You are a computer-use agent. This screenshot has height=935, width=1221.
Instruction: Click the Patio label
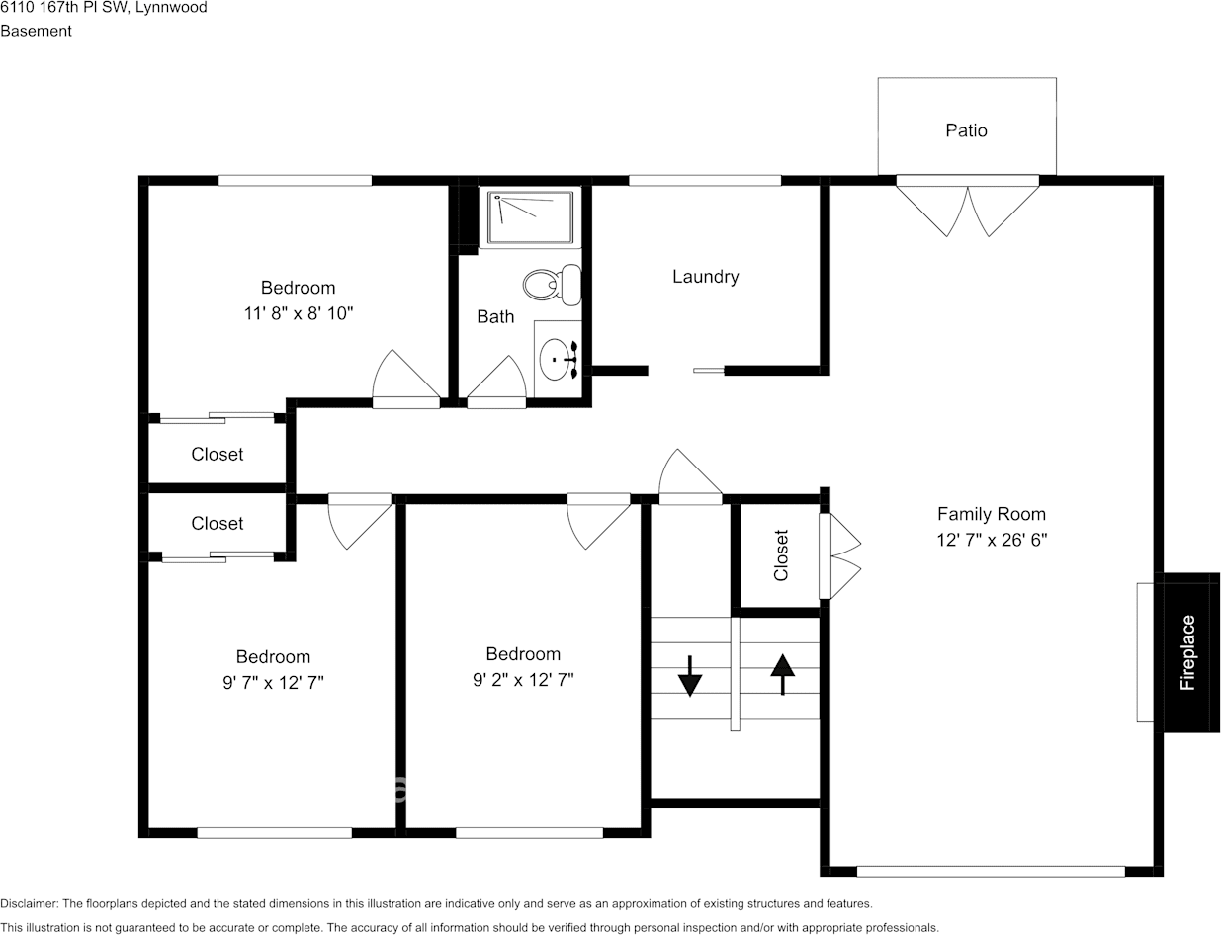(x=966, y=130)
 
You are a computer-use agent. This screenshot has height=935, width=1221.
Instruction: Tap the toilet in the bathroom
(x=553, y=285)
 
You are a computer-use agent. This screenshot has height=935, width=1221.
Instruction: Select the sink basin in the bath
(x=555, y=360)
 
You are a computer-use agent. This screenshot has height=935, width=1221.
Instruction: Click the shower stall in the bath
(x=530, y=217)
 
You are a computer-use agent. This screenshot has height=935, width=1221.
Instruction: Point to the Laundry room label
(x=705, y=277)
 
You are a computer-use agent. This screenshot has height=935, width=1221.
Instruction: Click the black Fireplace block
(x=1191, y=652)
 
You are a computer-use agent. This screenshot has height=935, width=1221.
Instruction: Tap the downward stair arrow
(x=690, y=676)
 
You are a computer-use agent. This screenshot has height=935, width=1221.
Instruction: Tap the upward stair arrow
(x=782, y=674)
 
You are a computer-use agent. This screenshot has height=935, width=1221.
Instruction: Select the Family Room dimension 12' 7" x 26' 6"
(x=992, y=540)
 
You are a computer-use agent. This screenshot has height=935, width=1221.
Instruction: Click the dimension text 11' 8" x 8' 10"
(x=299, y=312)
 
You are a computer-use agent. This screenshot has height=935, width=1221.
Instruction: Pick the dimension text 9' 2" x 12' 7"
(x=523, y=679)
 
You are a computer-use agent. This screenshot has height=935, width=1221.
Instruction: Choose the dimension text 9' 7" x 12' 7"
(x=273, y=682)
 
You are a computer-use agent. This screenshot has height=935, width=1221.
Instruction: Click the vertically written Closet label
(x=781, y=554)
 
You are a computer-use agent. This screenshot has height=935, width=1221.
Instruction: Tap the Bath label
(x=495, y=316)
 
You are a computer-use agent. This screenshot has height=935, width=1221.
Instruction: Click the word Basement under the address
(x=36, y=31)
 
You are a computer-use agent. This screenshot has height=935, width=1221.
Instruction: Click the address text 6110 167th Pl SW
(x=63, y=7)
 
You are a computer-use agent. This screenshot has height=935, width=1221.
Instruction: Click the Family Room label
(x=992, y=514)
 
